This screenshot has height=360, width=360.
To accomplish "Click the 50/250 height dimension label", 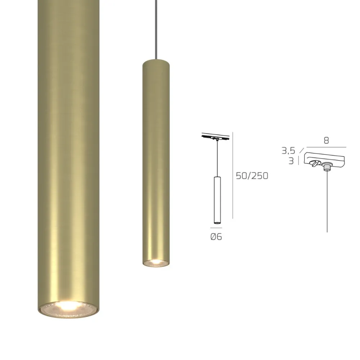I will click(x=252, y=176).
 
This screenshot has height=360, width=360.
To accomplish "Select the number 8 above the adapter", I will click(x=326, y=141).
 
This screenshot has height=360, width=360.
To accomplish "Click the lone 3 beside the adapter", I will click(x=291, y=161).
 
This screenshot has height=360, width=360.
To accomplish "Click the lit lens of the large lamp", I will click(x=68, y=308).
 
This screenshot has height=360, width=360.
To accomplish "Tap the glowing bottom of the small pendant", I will click(x=156, y=262).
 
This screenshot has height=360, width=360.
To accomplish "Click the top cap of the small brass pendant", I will click(x=156, y=62).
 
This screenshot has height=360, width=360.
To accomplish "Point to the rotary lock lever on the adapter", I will click(x=315, y=163).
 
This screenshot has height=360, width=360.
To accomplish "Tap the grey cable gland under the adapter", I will click(x=327, y=166).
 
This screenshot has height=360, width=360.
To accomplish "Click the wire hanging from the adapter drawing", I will click(x=327, y=202).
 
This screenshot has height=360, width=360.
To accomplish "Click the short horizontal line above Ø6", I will click(x=216, y=228).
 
